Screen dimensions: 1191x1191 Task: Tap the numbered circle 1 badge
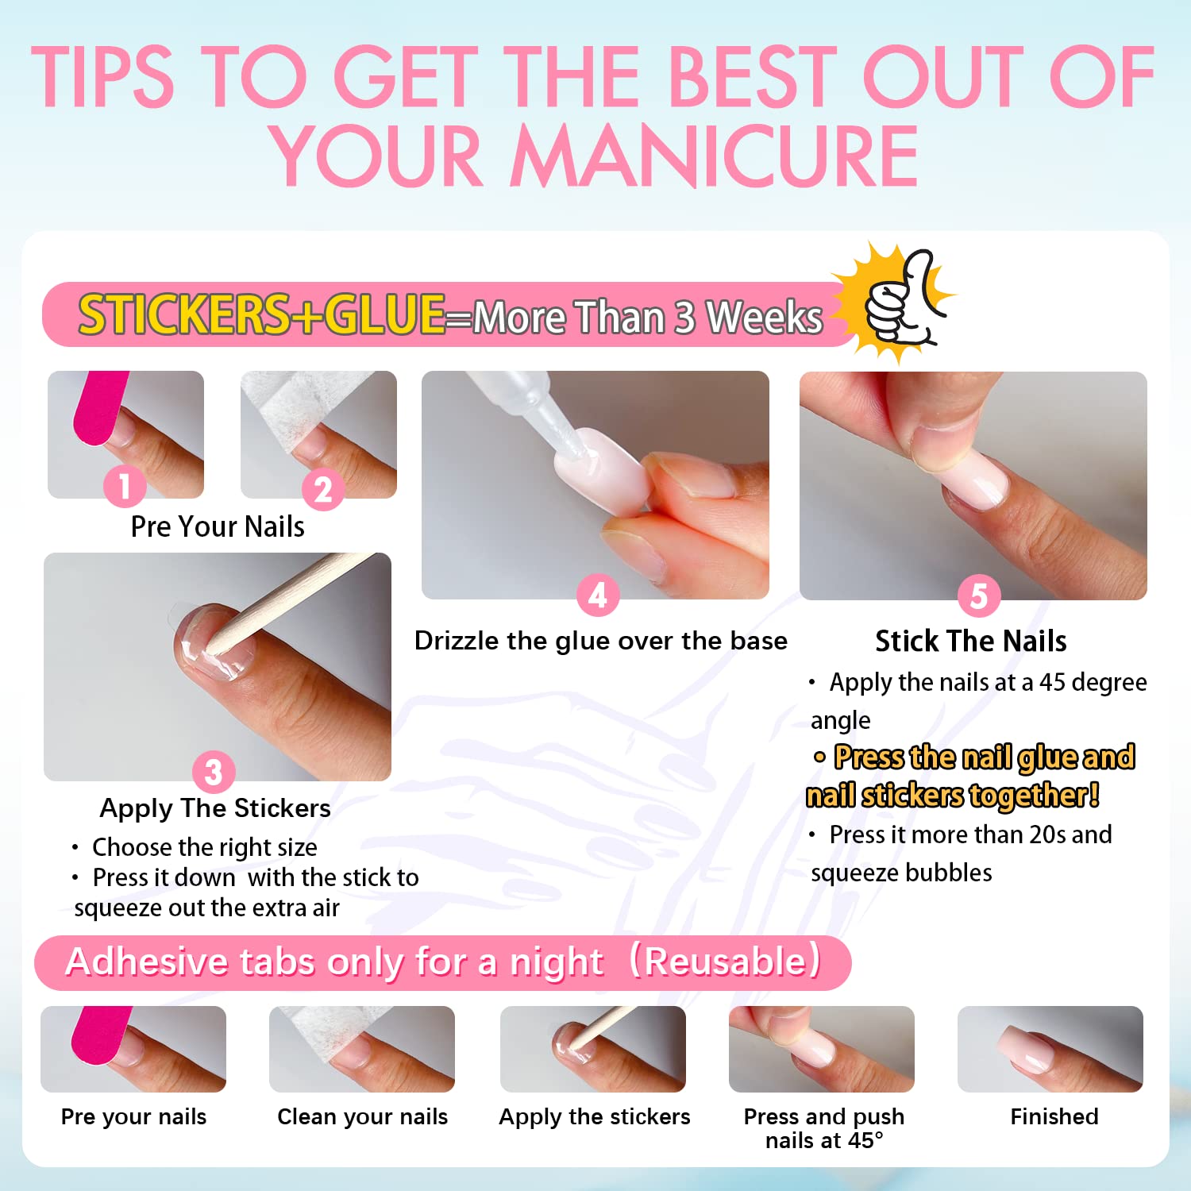coord(125,485)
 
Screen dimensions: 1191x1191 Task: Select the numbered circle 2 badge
coord(322,489)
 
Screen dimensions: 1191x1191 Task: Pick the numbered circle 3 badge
coord(214,771)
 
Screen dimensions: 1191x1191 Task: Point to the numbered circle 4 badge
coord(597,595)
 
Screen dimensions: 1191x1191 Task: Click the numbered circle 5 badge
coord(978,595)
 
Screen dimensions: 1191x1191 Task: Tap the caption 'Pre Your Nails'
coord(218,526)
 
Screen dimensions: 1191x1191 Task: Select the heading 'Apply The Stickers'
coord(215,808)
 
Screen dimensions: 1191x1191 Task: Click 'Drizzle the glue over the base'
coord(600,641)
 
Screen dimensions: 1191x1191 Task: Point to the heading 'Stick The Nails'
coord(970,641)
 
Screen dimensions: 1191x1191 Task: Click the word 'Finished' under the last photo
coord(1054,1116)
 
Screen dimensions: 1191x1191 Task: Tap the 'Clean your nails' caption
coord(362,1116)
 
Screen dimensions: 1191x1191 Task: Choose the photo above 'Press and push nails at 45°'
coord(821,1049)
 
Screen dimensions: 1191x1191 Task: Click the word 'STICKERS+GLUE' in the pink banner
coord(262,314)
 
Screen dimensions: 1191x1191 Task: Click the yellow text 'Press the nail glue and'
coord(983,757)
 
